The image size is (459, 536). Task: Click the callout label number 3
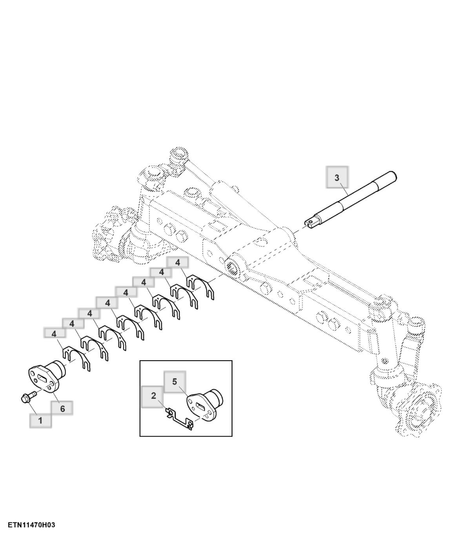tap(337, 177)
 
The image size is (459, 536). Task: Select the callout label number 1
tap(40, 420)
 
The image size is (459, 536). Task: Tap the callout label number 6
tap(62, 409)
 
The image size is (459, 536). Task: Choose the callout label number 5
tap(174, 381)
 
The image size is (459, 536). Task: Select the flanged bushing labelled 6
tap(47, 377)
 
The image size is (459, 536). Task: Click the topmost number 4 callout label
tap(177, 263)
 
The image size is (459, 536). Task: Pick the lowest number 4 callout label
tap(54, 334)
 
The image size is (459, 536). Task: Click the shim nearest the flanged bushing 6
tap(76, 359)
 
